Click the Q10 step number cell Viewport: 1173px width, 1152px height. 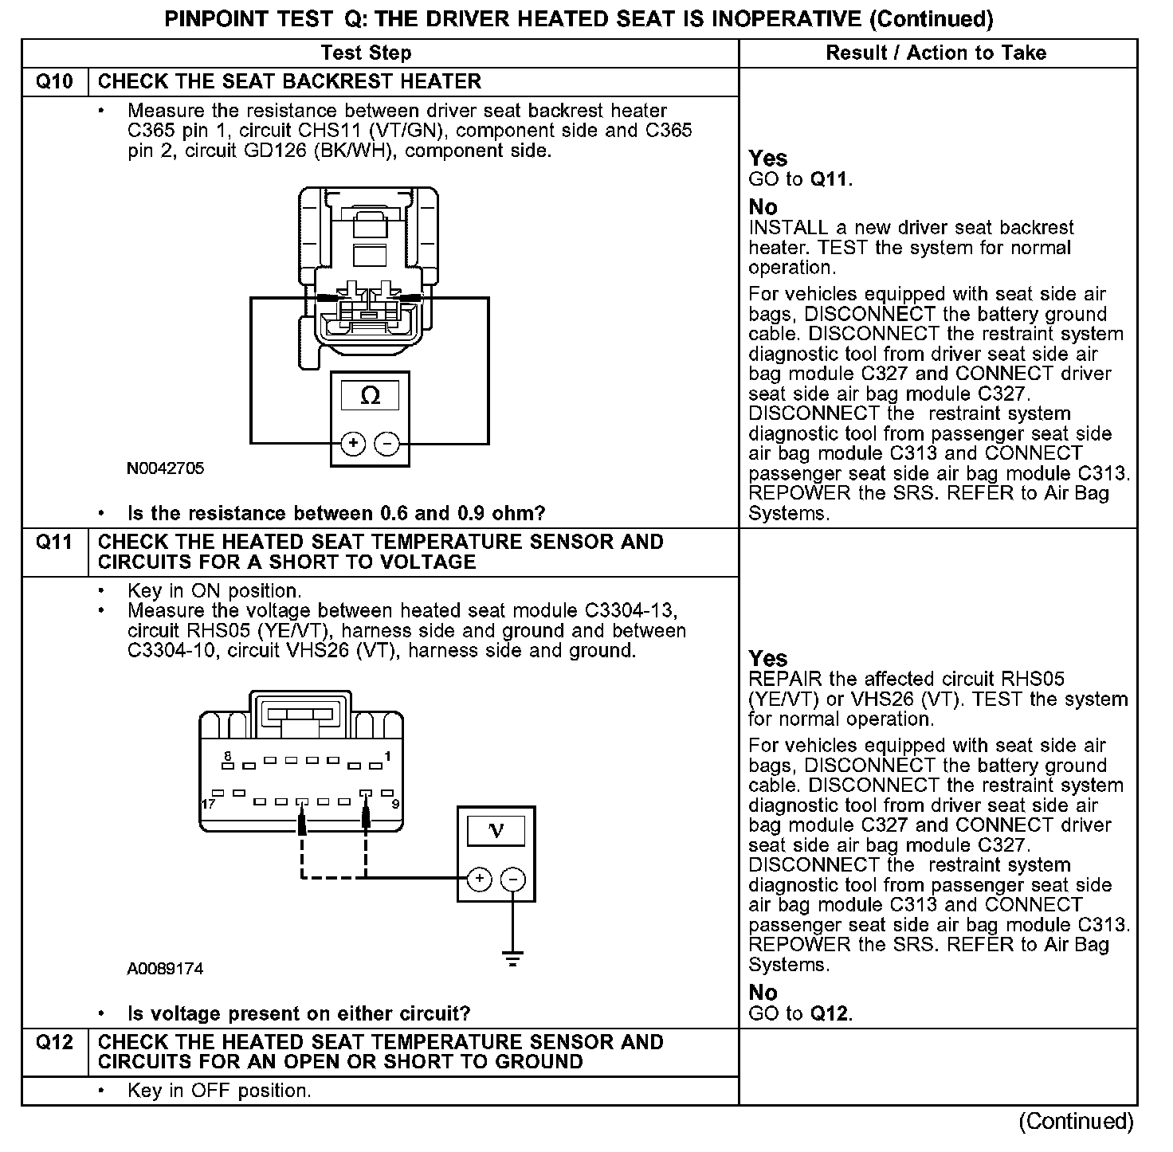pyautogui.click(x=54, y=82)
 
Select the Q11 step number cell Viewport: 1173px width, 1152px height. pyautogui.click(x=54, y=543)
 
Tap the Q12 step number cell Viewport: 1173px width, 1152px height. pyautogui.click(x=54, y=1043)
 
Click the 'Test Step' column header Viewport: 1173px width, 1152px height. pyautogui.click(x=366, y=53)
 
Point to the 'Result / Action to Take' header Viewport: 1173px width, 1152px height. pyautogui.click(x=936, y=53)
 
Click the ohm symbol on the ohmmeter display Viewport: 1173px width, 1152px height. pyautogui.click(x=371, y=396)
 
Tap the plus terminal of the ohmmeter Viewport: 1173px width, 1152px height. pyautogui.click(x=353, y=444)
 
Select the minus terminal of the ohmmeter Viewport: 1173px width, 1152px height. pyautogui.click(x=387, y=444)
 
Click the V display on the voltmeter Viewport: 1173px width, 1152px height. pyautogui.click(x=496, y=831)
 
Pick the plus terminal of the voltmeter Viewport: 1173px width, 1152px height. pyautogui.click(x=479, y=879)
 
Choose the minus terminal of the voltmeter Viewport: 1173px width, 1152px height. pyautogui.click(x=513, y=879)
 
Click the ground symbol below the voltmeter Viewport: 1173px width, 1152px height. pyautogui.click(x=513, y=958)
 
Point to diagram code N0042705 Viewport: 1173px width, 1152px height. pyautogui.click(x=165, y=468)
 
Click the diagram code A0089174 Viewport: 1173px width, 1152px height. pyautogui.click(x=165, y=969)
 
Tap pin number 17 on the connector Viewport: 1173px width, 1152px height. pyautogui.click(x=208, y=804)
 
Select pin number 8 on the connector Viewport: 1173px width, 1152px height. pyautogui.click(x=228, y=755)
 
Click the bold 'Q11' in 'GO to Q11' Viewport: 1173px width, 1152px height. pyautogui.click(x=830, y=179)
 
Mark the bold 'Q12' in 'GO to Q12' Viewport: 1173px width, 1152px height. pyautogui.click(x=830, y=1013)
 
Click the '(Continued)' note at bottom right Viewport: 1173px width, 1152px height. pyautogui.click(x=1076, y=1121)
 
